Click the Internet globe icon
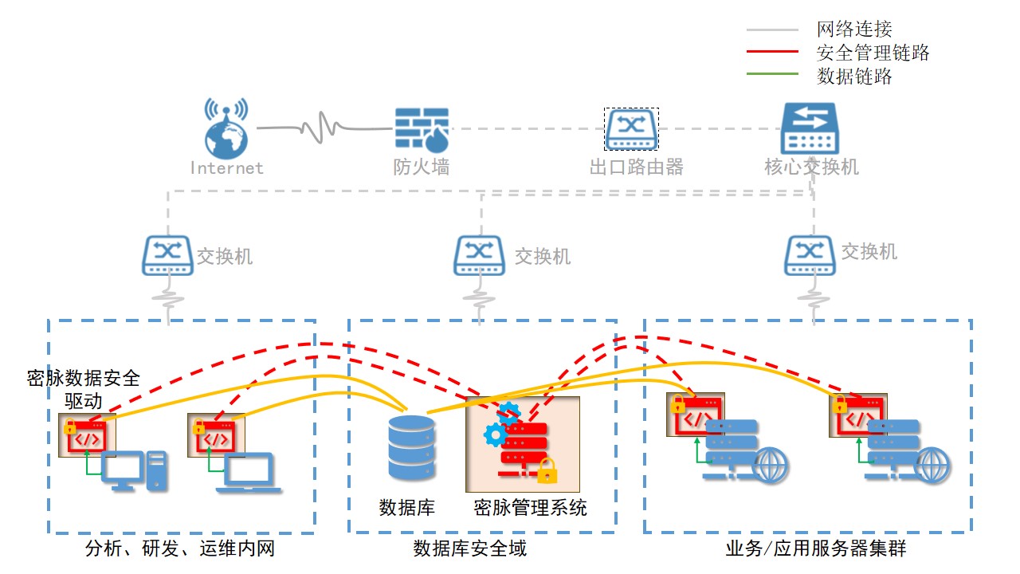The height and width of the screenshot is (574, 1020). click(226, 129)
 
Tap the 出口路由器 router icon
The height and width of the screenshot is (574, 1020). click(631, 129)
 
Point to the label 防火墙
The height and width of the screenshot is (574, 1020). click(421, 167)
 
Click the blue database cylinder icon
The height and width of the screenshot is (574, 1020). click(411, 448)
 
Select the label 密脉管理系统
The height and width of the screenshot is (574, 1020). click(530, 508)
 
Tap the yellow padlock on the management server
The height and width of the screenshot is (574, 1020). click(547, 472)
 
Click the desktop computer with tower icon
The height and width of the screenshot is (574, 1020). click(135, 470)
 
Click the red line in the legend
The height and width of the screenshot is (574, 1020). click(771, 52)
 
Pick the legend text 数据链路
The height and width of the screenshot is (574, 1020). click(854, 77)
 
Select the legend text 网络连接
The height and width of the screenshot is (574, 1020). click(854, 30)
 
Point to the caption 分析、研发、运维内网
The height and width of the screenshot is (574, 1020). click(180, 548)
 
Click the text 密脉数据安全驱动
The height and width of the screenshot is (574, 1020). click(83, 388)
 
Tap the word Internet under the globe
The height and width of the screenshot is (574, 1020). click(226, 168)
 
